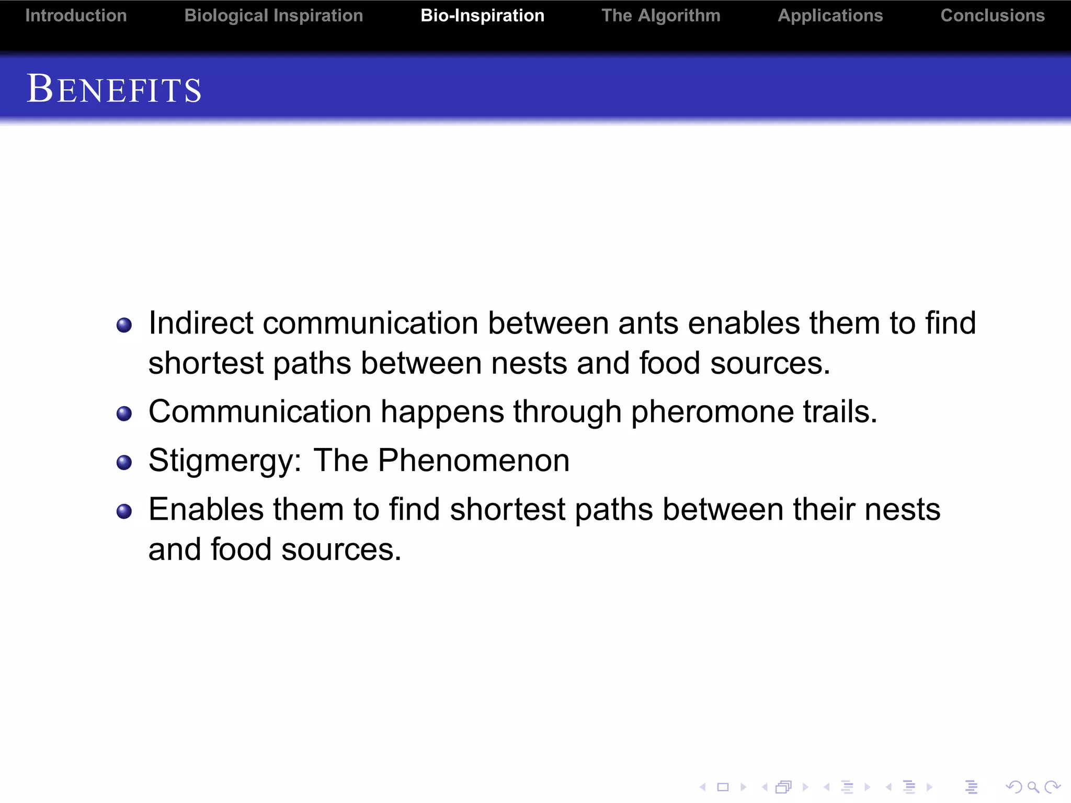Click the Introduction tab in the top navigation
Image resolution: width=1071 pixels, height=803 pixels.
tap(76, 16)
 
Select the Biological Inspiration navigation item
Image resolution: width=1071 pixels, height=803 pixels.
tap(274, 16)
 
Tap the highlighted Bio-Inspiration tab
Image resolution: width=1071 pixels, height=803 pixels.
tap(482, 16)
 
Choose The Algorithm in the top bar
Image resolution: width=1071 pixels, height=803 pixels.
tap(660, 16)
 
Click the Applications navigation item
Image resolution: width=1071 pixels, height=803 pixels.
tap(830, 16)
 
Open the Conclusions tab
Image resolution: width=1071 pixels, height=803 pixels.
tap(992, 16)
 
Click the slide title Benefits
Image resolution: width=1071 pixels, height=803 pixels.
tap(114, 89)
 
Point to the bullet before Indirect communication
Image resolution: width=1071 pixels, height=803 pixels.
tap(124, 325)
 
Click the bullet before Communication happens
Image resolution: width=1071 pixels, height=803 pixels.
tap(124, 414)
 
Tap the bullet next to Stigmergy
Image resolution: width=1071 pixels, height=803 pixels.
tap(124, 463)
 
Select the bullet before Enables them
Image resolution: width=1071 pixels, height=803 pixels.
tap(124, 511)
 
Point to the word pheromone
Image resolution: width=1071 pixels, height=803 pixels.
tap(712, 412)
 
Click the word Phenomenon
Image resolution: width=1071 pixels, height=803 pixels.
tap(473, 461)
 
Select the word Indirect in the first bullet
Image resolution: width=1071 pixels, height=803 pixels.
tap(201, 323)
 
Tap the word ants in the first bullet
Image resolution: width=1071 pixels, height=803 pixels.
tap(648, 323)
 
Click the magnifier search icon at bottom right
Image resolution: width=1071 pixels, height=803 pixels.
tap(1032, 787)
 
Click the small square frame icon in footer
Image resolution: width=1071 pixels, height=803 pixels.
tap(723, 787)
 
